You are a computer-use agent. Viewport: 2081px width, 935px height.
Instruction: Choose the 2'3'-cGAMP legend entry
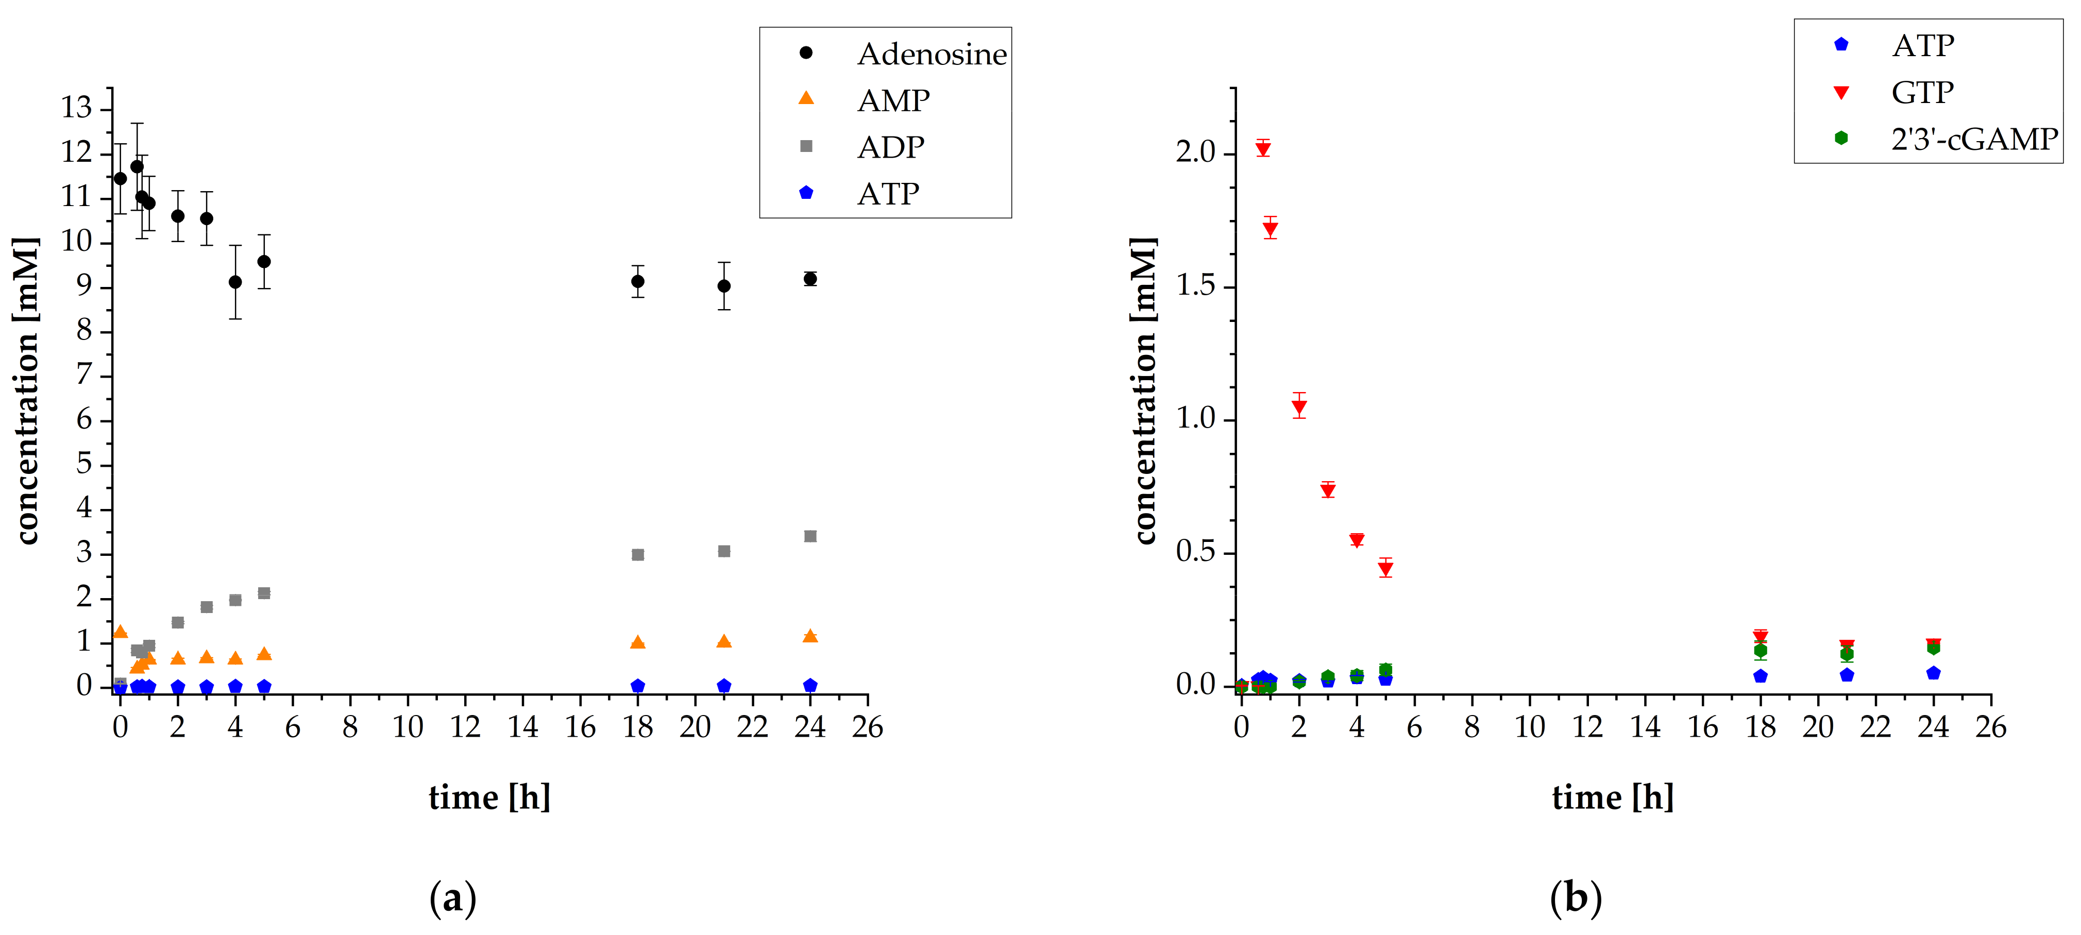(x=1973, y=140)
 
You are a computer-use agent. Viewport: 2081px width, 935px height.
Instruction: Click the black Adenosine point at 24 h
(x=810, y=279)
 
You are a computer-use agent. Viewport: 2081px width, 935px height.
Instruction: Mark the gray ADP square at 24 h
(x=810, y=536)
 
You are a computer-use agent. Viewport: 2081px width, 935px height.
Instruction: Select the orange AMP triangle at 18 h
(x=637, y=642)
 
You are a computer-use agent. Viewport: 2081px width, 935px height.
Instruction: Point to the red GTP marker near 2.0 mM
(x=1263, y=148)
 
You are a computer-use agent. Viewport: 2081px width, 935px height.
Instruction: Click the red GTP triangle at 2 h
(x=1299, y=407)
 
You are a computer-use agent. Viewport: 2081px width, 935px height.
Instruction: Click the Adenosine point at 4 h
(x=235, y=282)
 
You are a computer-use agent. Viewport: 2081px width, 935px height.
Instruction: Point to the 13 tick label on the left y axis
(x=77, y=107)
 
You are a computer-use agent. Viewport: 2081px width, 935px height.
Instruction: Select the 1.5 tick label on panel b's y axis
(x=1196, y=286)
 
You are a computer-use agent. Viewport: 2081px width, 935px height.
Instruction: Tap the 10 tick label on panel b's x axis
(x=1529, y=727)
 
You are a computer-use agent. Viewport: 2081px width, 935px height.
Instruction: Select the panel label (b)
(x=1575, y=898)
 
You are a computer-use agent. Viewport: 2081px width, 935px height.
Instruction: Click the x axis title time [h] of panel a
(x=489, y=798)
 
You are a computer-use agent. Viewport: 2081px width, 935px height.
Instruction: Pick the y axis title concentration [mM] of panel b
(x=1144, y=391)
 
